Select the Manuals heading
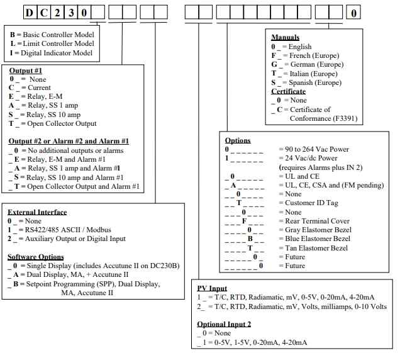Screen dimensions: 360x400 (x=285, y=38)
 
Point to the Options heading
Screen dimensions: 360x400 (x=238, y=140)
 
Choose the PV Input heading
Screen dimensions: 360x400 (x=213, y=288)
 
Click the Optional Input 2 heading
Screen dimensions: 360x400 (x=224, y=324)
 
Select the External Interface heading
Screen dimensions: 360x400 (x=37, y=212)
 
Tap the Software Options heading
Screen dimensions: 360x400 (x=36, y=257)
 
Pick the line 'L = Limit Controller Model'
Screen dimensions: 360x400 (x=52, y=43)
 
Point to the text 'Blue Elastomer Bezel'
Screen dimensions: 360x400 (x=314, y=239)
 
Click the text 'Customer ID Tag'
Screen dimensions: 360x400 (x=307, y=203)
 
